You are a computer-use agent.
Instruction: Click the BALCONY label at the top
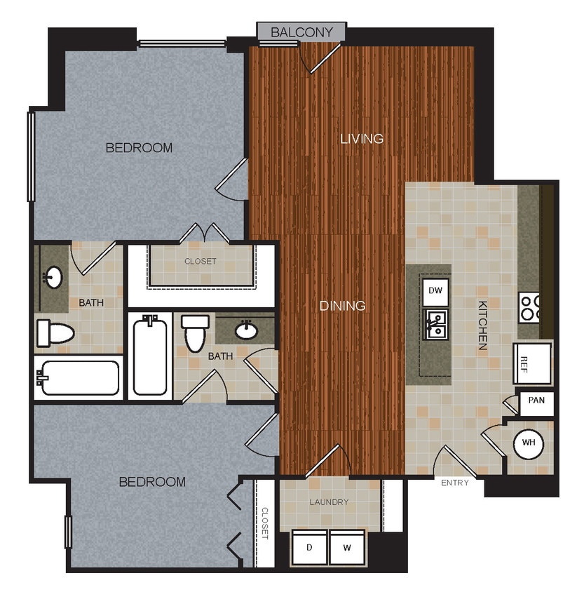(301, 32)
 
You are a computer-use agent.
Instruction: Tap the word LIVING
(362, 138)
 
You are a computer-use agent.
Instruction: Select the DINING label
(343, 306)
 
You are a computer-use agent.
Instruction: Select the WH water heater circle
(529, 443)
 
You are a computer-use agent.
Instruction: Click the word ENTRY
(455, 483)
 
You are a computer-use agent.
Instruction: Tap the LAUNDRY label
(329, 502)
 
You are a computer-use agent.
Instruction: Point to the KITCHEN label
(484, 325)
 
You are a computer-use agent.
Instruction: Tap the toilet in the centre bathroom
(195, 332)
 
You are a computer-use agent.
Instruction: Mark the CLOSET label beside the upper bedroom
(201, 262)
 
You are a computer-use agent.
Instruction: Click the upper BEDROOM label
(139, 148)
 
